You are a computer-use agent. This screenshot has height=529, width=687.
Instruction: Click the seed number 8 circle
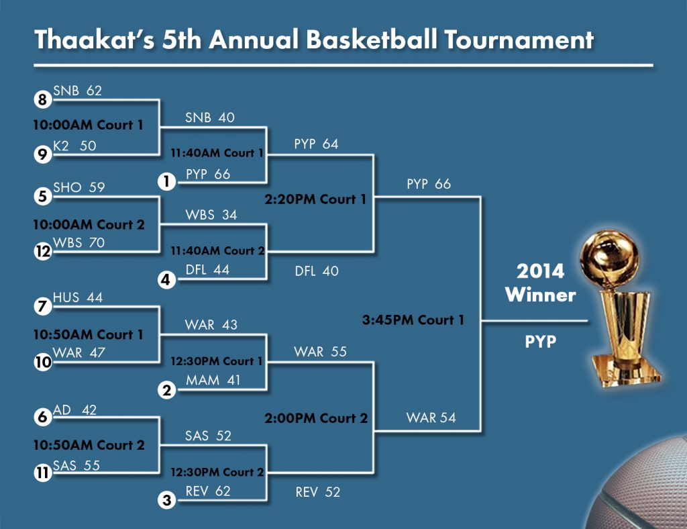42,99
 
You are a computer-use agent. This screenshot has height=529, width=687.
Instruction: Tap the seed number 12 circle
42,252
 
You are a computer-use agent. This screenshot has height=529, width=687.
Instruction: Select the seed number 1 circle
166,181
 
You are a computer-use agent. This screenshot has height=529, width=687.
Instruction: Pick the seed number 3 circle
166,500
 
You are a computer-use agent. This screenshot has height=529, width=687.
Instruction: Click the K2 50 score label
74,146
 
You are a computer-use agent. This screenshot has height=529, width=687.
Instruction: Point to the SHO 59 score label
79,187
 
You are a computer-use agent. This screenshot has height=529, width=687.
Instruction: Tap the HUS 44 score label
78,297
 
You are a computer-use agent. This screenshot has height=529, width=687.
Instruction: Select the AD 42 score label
74,410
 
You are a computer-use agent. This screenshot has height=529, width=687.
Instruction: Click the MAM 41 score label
213,380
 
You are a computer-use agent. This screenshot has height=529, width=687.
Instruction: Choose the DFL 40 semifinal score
317,271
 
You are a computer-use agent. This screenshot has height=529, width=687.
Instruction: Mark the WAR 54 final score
431,418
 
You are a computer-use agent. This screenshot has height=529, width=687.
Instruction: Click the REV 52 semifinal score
317,492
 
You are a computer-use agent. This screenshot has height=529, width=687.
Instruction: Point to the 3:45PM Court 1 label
413,320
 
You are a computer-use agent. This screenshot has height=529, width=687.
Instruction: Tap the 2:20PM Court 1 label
315,199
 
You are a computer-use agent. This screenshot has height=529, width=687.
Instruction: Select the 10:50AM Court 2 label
89,445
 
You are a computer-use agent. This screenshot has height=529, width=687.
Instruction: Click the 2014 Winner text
540,283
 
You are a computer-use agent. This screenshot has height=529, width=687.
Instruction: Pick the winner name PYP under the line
541,342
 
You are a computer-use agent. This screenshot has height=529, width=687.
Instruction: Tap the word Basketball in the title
372,40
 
